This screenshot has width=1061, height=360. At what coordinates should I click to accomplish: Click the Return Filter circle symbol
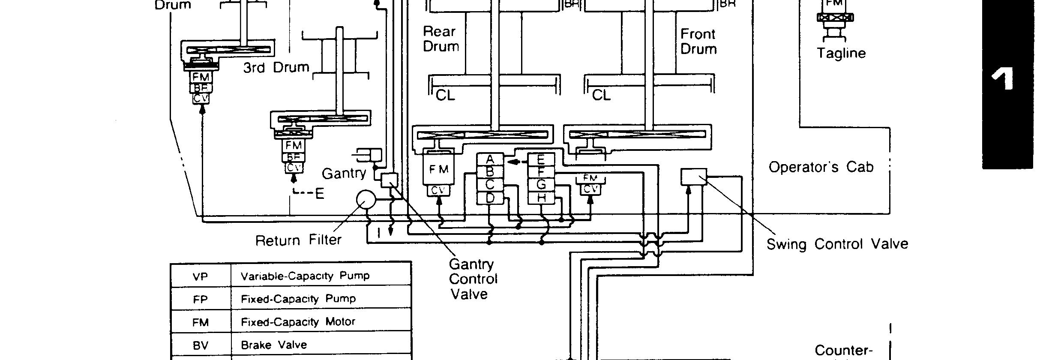coord(366,199)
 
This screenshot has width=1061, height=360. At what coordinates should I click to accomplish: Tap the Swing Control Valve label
coord(837,244)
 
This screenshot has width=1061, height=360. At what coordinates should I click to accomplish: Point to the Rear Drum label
coord(441,39)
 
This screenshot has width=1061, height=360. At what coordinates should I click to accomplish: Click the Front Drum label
coord(698,42)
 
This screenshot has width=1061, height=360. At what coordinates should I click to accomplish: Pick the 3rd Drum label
coord(276,67)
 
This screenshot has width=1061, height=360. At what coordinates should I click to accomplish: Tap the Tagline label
coord(841,53)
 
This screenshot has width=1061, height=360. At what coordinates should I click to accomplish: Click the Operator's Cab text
coord(821,167)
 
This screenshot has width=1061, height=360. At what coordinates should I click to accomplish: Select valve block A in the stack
coord(490,159)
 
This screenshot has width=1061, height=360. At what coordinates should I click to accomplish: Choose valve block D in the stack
coord(490,198)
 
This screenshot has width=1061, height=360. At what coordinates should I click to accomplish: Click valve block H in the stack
coord(541,198)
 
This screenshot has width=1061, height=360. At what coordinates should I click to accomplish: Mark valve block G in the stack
coord(541,185)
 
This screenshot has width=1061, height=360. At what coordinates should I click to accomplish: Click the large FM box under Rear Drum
coord(438,169)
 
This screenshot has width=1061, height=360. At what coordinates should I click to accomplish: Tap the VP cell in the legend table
coord(200,276)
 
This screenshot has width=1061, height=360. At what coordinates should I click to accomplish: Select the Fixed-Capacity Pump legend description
coord(298,299)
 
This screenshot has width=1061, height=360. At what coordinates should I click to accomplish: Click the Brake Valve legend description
coord(274,345)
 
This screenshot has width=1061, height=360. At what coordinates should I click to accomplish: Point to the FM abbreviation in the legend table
coord(200,322)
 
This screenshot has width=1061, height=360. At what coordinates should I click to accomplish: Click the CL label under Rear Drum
coord(445,96)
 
